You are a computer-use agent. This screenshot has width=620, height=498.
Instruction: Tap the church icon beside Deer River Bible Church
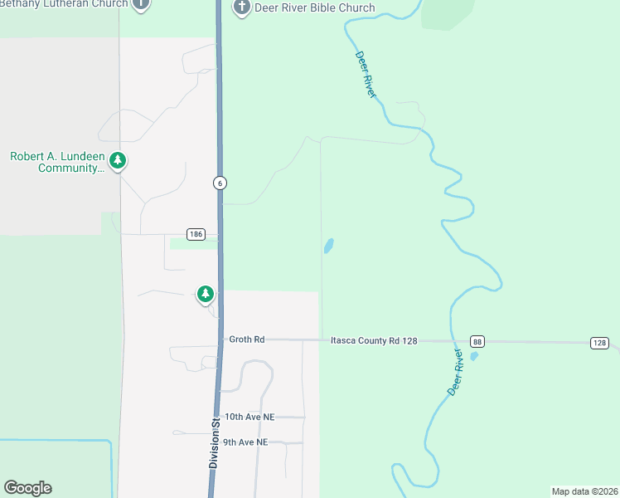click(x=241, y=8)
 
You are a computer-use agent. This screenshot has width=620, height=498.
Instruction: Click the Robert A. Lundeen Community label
click(x=57, y=162)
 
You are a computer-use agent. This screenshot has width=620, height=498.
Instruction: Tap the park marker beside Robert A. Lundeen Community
click(x=118, y=160)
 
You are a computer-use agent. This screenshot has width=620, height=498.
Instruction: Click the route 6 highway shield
click(x=220, y=183)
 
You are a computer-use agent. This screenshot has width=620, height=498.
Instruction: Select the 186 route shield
click(x=196, y=235)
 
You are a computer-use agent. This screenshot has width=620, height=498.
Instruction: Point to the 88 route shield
click(x=477, y=342)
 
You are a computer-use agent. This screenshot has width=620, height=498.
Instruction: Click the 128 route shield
click(x=600, y=343)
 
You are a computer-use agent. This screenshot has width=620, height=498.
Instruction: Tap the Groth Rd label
click(x=247, y=339)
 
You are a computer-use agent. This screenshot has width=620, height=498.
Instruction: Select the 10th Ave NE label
click(x=249, y=417)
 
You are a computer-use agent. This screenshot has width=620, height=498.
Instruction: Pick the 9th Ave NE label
click(x=245, y=442)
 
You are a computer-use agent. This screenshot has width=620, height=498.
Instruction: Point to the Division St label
click(x=214, y=442)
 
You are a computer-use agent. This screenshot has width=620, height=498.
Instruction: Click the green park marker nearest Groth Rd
click(x=205, y=293)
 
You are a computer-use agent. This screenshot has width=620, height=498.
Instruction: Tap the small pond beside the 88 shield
click(x=474, y=356)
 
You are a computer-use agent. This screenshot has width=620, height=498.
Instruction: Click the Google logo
click(x=27, y=488)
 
